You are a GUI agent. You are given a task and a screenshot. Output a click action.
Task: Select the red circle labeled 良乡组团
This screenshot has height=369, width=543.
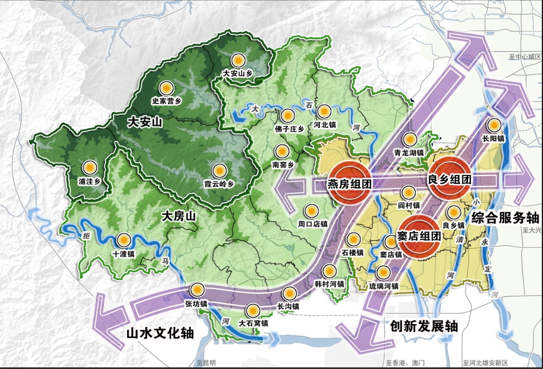point(449,179)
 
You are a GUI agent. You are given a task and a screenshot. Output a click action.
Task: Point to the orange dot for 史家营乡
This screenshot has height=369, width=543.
point(167,88)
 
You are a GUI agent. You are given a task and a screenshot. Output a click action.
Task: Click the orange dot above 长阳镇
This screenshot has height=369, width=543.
point(494,125)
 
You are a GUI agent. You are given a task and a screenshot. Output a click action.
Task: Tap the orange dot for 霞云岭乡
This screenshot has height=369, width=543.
point(219,170)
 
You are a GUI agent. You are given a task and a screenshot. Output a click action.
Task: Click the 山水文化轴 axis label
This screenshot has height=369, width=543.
point(159,333)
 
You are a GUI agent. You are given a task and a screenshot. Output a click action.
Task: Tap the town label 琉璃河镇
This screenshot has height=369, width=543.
point(383,286)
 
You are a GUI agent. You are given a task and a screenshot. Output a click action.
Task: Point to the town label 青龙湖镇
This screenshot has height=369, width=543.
point(409,153)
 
